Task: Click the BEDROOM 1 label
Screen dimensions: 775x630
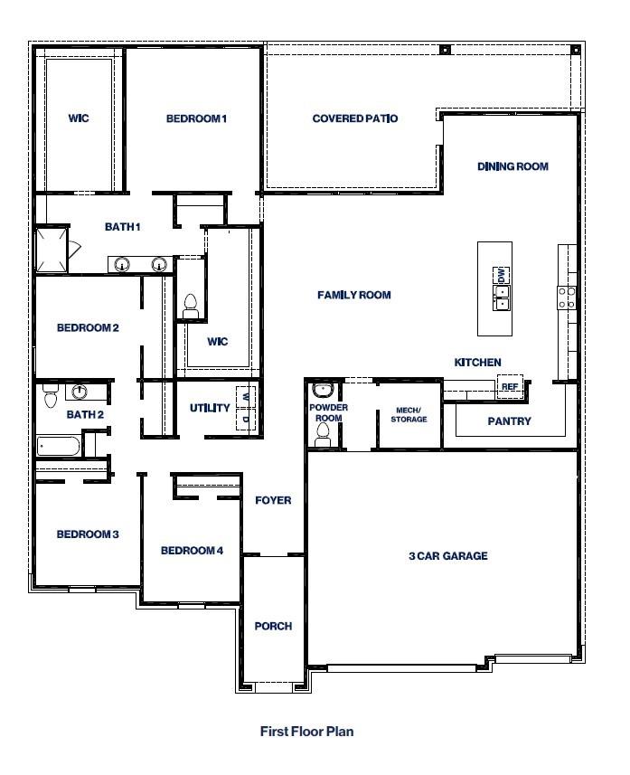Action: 195,118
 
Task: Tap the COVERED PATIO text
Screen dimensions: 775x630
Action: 354,118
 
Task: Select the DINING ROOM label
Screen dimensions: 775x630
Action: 512,166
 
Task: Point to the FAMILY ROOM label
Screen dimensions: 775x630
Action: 353,295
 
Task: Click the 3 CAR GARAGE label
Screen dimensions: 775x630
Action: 447,556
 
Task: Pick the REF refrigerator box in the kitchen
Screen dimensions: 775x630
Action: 510,387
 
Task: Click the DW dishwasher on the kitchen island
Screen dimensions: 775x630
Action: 500,275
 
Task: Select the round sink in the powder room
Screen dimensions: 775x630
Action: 323,391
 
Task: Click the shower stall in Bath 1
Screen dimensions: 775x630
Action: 51,250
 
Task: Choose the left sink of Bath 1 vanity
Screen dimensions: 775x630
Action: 121,264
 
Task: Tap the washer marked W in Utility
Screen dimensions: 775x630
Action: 245,395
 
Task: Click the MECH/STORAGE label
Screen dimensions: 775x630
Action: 409,414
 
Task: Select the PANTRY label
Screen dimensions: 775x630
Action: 509,421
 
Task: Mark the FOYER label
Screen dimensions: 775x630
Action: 273,500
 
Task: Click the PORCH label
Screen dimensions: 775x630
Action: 272,626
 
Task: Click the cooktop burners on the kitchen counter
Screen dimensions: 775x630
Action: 568,298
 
